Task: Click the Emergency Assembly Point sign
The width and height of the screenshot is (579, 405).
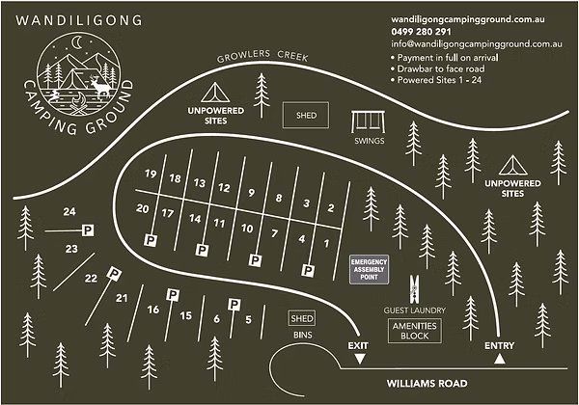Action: [x=368, y=268]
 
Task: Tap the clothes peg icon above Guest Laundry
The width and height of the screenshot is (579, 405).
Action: [x=415, y=288]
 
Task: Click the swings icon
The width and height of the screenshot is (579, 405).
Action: [x=368, y=122]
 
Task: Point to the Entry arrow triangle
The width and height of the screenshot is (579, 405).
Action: [x=499, y=359]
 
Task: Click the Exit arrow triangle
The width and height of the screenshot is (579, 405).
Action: [x=360, y=359]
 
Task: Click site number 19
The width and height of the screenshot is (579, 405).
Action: [x=150, y=174]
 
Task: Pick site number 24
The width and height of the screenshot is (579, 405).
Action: [x=69, y=211]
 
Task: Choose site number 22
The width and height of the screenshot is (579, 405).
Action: [x=91, y=279]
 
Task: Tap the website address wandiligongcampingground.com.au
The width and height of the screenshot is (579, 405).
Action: [x=478, y=19]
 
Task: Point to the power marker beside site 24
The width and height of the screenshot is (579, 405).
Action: [x=87, y=229]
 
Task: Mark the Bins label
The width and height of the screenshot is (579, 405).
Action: [x=303, y=335]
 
